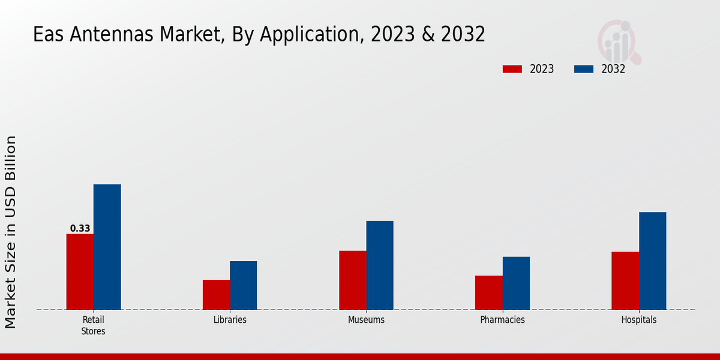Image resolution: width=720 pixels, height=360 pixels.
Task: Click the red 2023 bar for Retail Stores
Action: (x=80, y=272)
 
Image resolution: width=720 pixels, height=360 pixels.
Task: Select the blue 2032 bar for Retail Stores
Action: (x=107, y=247)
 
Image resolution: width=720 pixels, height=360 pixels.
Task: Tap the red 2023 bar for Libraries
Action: (x=216, y=295)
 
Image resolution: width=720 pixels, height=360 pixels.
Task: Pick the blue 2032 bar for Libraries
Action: (x=243, y=286)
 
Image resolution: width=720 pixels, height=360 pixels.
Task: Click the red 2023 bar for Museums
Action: (x=352, y=280)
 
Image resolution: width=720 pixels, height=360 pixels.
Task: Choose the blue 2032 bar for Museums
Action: (x=380, y=265)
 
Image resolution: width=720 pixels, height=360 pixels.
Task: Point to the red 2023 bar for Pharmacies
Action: (x=488, y=293)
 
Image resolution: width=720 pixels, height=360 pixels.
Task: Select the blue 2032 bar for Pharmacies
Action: (x=516, y=283)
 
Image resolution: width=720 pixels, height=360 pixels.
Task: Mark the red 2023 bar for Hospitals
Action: (x=625, y=281)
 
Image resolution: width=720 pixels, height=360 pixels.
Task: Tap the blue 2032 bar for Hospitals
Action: (x=652, y=261)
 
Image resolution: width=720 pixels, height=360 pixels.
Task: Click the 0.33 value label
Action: (x=80, y=229)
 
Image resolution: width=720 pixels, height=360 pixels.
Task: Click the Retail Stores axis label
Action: (x=93, y=325)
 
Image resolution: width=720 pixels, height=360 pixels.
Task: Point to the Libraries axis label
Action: (x=230, y=320)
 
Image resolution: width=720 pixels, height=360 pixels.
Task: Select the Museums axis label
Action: (x=366, y=320)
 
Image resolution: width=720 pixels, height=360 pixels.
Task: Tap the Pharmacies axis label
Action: (x=502, y=320)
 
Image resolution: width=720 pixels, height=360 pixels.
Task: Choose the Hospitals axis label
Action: (x=638, y=320)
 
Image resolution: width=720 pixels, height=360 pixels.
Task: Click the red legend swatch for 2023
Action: (x=512, y=69)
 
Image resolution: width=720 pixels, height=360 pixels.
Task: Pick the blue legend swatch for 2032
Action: (x=584, y=69)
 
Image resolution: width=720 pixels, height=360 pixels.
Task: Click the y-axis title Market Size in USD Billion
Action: (x=11, y=232)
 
